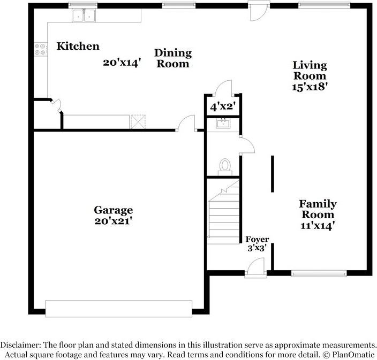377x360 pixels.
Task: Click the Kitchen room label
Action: tap(78, 47)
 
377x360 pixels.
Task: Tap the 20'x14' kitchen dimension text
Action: tap(122, 62)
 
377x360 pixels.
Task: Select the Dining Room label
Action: tap(172, 58)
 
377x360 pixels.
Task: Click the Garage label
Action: tap(114, 210)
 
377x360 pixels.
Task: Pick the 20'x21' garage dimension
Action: tap(114, 220)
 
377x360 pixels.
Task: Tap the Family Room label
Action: tap(318, 209)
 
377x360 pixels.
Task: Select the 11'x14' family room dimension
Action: tap(318, 226)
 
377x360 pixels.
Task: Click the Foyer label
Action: tap(257, 239)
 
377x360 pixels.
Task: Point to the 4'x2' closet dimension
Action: tap(223, 107)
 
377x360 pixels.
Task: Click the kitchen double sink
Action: tap(83, 16)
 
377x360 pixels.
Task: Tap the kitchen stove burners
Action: tap(40, 50)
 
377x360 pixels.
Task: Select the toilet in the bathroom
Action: tap(225, 165)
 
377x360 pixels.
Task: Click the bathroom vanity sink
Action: tap(223, 124)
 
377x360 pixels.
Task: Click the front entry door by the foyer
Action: tap(256, 269)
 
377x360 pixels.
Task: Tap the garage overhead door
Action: tap(118, 309)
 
